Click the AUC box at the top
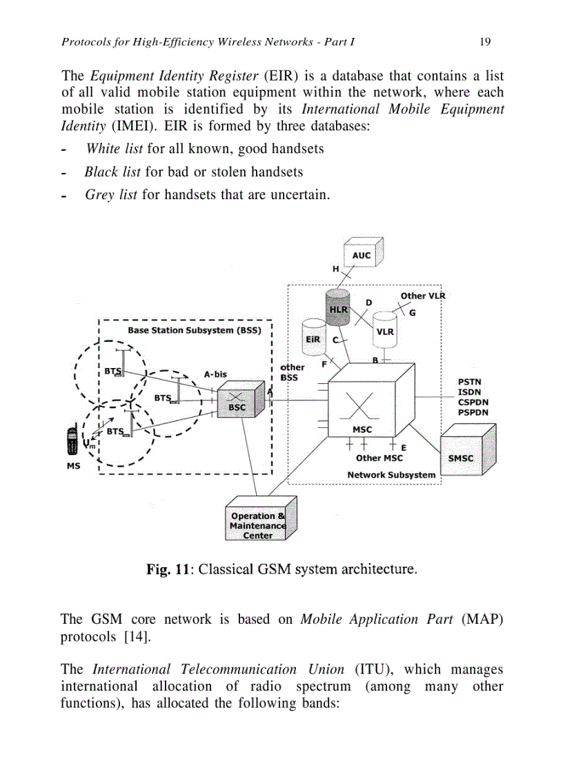(x=362, y=256)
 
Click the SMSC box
(x=462, y=457)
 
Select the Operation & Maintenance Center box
(x=257, y=525)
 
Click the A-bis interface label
(x=216, y=375)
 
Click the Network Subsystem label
(x=391, y=475)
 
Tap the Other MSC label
(x=379, y=458)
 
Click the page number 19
(x=484, y=42)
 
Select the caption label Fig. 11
(x=169, y=570)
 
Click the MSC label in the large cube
(x=362, y=429)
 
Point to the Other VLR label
(x=423, y=296)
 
